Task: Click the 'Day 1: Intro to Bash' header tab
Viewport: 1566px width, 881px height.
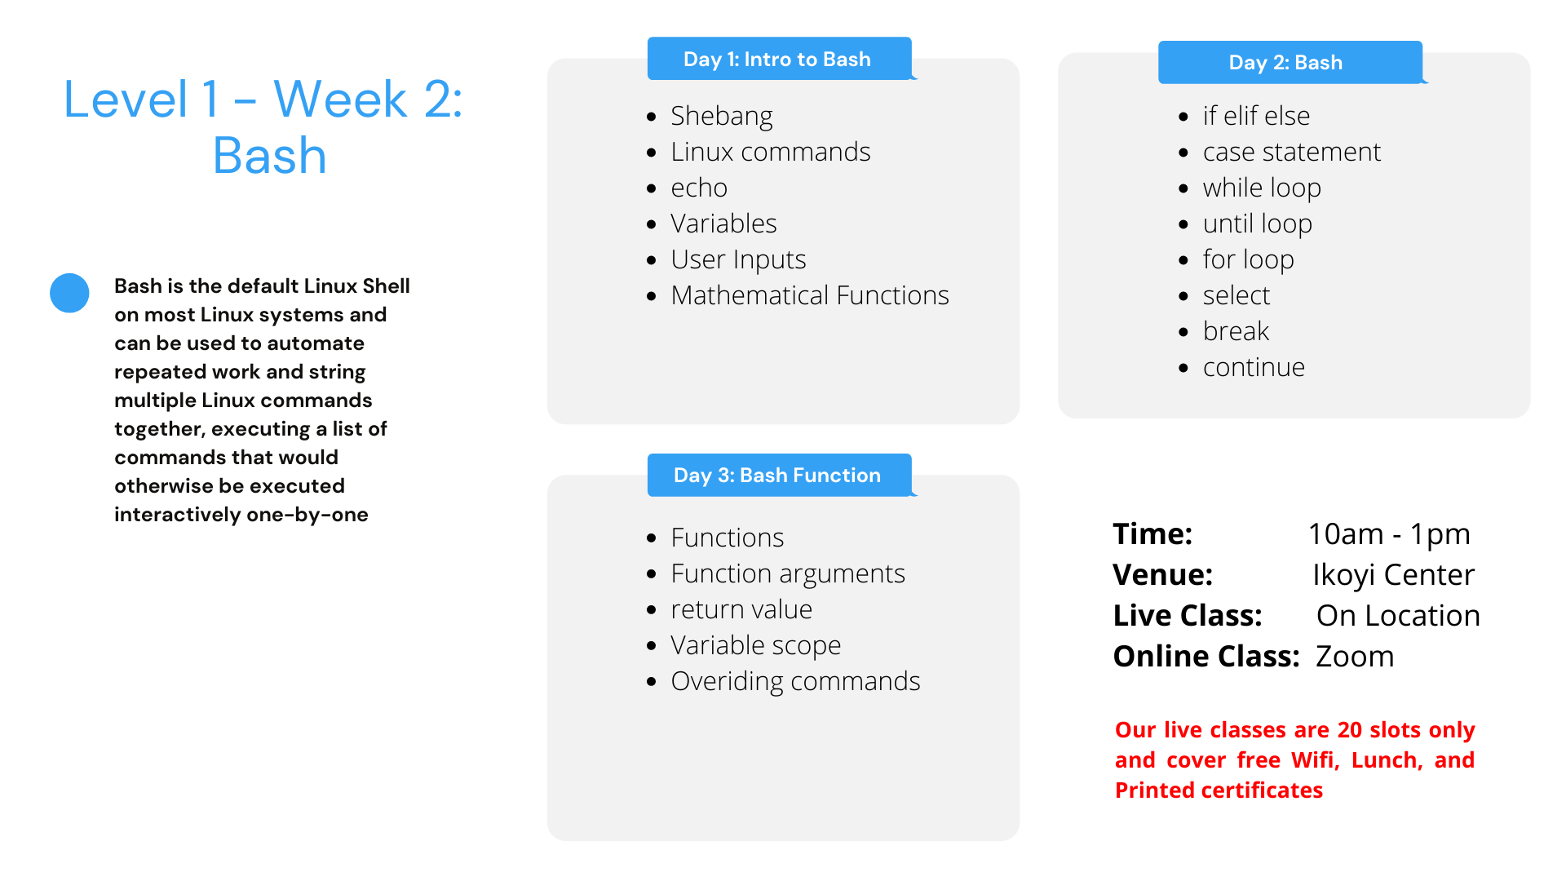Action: pyautogui.click(x=779, y=59)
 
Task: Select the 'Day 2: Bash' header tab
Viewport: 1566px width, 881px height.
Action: pyautogui.click(x=1290, y=62)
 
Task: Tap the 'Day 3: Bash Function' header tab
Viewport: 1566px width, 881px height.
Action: pyautogui.click(x=779, y=475)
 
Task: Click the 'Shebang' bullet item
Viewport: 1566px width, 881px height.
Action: pyautogui.click(x=721, y=116)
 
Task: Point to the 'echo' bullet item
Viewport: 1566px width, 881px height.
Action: pyautogui.click(x=699, y=188)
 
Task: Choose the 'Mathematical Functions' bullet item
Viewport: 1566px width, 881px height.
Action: pyautogui.click(x=810, y=295)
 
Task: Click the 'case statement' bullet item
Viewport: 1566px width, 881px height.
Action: pyautogui.click(x=1292, y=152)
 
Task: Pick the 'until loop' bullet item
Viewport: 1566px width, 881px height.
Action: pyautogui.click(x=1257, y=224)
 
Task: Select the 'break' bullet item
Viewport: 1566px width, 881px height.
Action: pyautogui.click(x=1236, y=331)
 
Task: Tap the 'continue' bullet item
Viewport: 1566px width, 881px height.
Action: pyautogui.click(x=1254, y=367)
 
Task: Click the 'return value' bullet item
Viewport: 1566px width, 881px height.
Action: pyautogui.click(x=741, y=609)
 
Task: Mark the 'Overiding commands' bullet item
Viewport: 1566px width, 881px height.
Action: pyautogui.click(x=795, y=681)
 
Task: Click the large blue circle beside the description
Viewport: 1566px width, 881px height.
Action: pyautogui.click(x=69, y=293)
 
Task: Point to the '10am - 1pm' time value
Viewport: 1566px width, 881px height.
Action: pyautogui.click(x=1389, y=533)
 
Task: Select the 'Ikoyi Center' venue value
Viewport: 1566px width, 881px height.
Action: pyautogui.click(x=1393, y=574)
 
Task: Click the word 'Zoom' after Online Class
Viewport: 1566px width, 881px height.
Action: pyautogui.click(x=1355, y=656)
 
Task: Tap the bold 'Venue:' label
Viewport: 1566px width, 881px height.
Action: pyautogui.click(x=1162, y=574)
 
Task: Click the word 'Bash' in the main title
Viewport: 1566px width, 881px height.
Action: pyautogui.click(x=269, y=155)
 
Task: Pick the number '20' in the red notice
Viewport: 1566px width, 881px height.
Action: pyautogui.click(x=1350, y=729)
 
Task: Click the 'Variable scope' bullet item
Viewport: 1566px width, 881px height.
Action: pyautogui.click(x=755, y=645)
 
